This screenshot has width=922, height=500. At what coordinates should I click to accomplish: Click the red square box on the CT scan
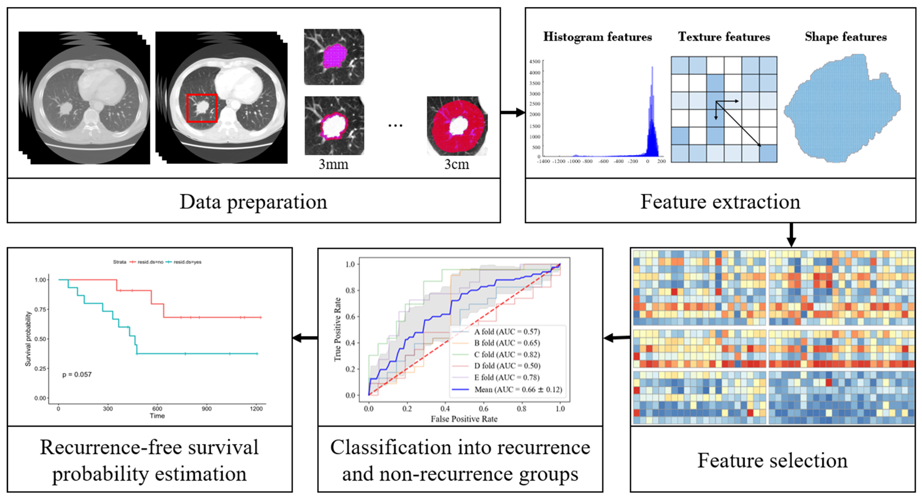pos(202,108)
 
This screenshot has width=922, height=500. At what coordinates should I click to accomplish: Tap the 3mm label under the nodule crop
pos(333,164)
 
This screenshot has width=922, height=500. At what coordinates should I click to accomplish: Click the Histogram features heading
pos(597,37)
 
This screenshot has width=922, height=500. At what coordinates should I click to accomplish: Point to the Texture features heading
pos(724,37)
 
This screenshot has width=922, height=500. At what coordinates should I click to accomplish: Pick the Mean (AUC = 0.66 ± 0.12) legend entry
pos(518,389)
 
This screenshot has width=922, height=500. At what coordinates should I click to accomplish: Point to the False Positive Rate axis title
pos(464,419)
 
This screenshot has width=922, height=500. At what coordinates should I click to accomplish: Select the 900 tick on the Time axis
pos(207,409)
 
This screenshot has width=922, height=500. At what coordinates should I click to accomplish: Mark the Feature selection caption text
pos(772,460)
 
